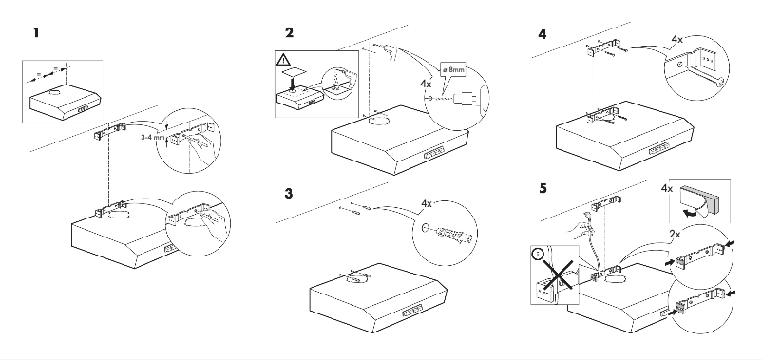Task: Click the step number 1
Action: click(x=36, y=33)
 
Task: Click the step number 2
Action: click(x=289, y=33)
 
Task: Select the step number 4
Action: click(x=542, y=33)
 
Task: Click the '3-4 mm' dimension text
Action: click(x=153, y=137)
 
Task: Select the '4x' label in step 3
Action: click(x=426, y=202)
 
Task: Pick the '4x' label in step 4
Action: click(x=676, y=39)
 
